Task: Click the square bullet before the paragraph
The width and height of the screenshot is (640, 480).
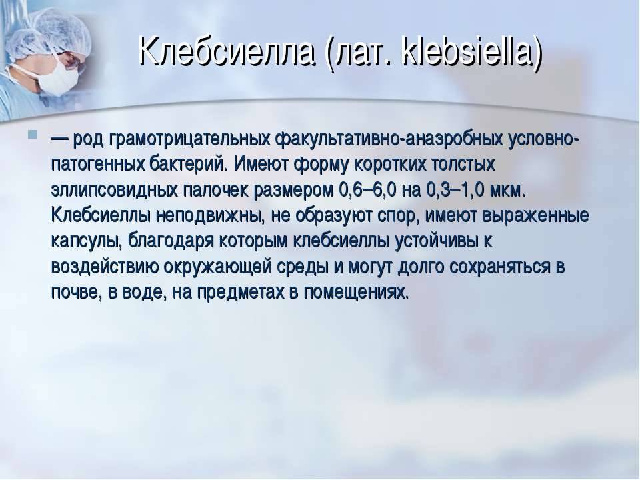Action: [33, 134]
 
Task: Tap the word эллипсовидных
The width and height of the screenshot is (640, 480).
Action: [114, 190]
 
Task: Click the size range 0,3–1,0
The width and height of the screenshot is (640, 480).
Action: [455, 191]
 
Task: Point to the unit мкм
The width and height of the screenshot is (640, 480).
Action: [505, 191]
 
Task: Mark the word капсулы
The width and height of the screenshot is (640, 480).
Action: [87, 241]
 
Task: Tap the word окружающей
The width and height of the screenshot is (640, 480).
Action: [217, 267]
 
